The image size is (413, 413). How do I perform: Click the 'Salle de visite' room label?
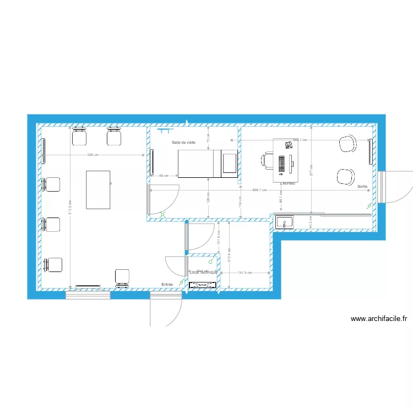(183, 142)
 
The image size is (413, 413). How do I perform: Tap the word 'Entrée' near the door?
(167, 284)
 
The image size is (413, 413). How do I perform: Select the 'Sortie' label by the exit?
(362, 187)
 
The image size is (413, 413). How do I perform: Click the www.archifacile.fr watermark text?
(378, 318)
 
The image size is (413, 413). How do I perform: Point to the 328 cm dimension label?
(93, 155)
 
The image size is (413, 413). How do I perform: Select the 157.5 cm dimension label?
(244, 273)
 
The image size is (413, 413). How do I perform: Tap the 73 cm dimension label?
(208, 138)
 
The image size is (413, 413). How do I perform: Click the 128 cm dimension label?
(208, 196)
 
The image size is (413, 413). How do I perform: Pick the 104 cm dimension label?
(240, 200)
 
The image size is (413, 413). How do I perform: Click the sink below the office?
(285, 222)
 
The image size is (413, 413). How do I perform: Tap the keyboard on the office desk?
(282, 164)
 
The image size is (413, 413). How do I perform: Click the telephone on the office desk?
(288, 145)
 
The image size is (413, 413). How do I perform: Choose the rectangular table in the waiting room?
(99, 189)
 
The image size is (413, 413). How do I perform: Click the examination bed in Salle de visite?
(195, 163)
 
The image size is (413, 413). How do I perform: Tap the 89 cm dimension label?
(164, 176)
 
